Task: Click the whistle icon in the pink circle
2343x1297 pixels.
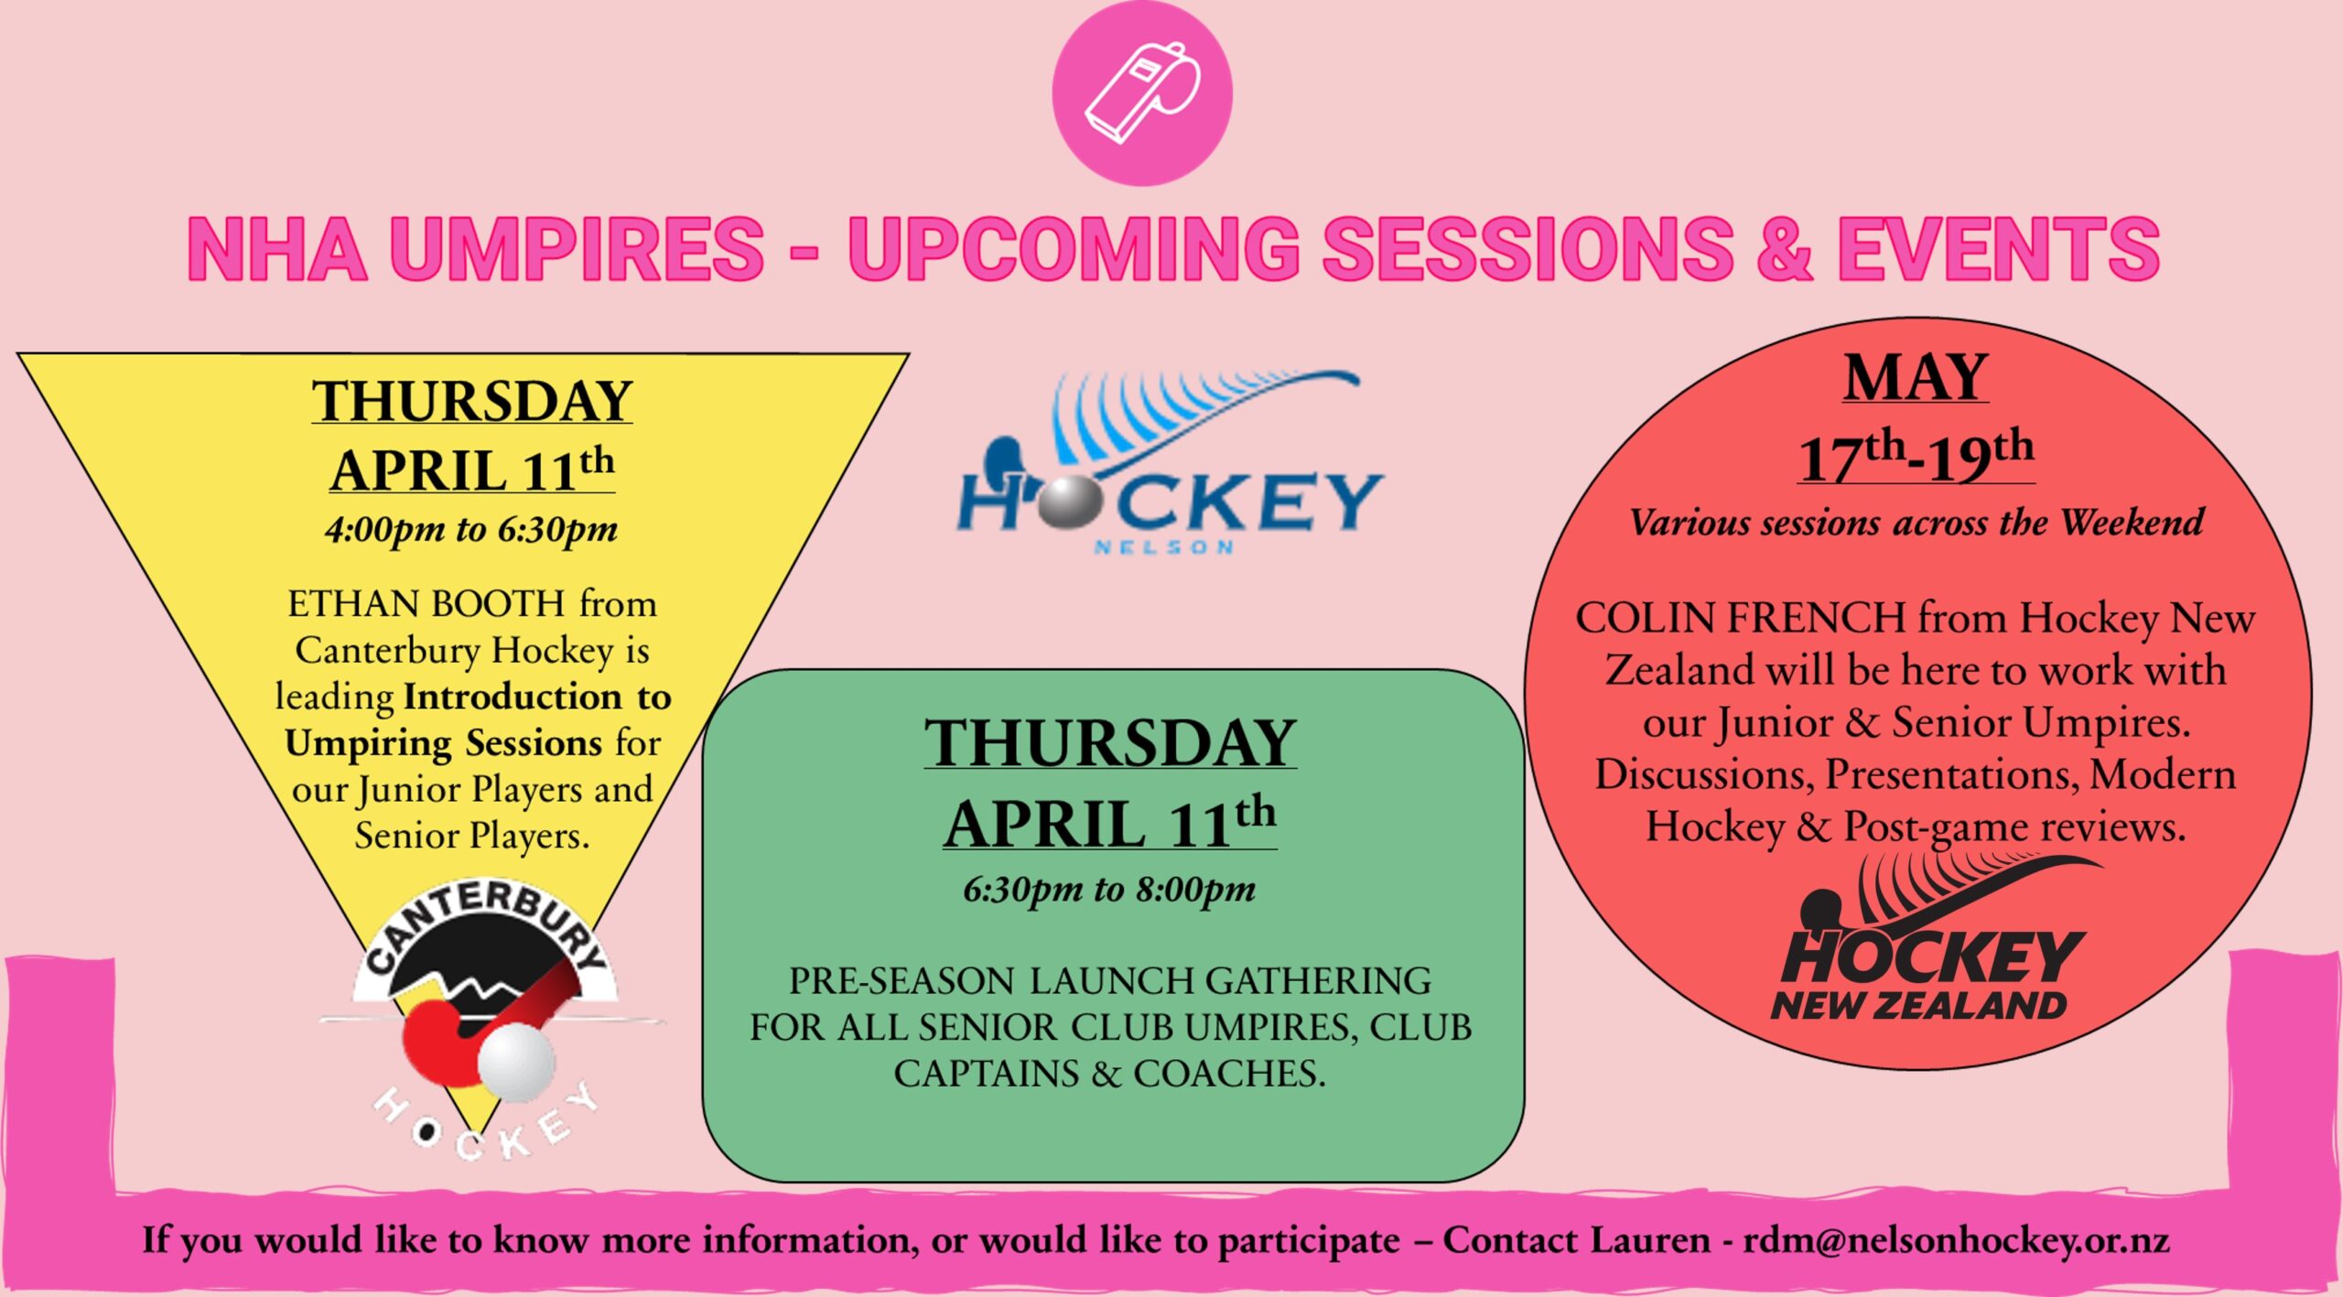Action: click(1142, 92)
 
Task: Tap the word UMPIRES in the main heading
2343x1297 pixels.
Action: click(577, 248)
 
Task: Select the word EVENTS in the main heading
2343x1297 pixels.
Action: click(1999, 248)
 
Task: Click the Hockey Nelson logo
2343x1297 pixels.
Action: click(1171, 462)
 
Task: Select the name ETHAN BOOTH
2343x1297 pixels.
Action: click(426, 604)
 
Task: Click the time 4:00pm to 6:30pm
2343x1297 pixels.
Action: click(471, 529)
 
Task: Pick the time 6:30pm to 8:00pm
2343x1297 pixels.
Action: click(1109, 889)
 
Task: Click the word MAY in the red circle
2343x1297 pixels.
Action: click(1916, 377)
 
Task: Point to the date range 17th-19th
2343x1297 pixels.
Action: click(1916, 456)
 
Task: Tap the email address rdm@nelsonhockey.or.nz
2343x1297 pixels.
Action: click(1956, 1240)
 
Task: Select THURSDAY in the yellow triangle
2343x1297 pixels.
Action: click(471, 401)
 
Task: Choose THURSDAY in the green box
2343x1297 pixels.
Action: click(1110, 741)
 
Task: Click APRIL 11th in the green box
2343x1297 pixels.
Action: click(1110, 820)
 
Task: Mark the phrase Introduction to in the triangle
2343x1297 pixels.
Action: click(538, 697)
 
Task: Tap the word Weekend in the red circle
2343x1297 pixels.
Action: click(2132, 524)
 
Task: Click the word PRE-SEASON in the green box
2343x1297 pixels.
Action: click(902, 981)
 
